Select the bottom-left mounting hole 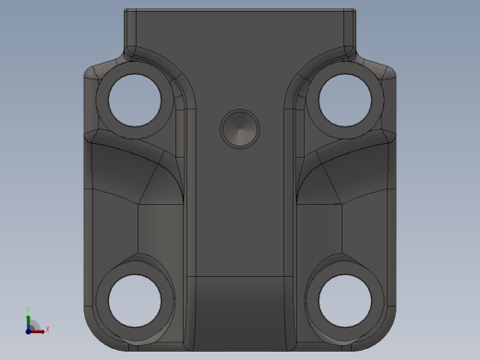point(136,300)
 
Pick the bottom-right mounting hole point(344,300)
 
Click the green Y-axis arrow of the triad point(28,319)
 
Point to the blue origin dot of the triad point(29,330)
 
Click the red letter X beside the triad point(46,329)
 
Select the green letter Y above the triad point(28,311)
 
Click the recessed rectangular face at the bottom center point(240,309)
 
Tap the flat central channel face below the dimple point(240,212)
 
